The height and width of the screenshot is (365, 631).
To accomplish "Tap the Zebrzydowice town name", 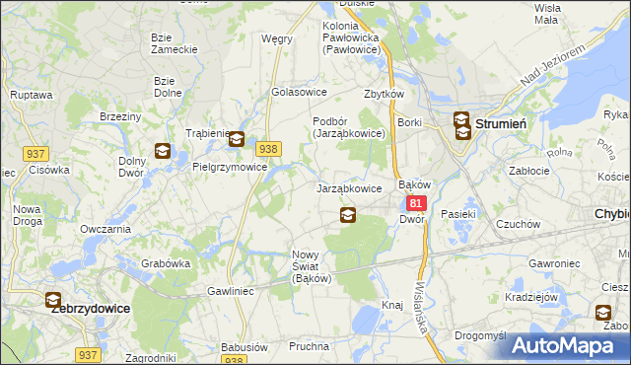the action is pyautogui.click(x=90, y=308).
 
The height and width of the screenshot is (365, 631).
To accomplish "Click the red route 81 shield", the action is pyautogui.click(x=416, y=203).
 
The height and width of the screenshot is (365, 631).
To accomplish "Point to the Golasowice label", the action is pyautogui.click(x=300, y=92).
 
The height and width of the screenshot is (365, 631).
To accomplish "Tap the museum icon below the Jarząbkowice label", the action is pyautogui.click(x=347, y=214).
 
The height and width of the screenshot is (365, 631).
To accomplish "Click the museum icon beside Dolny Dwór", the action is pyautogui.click(x=163, y=152).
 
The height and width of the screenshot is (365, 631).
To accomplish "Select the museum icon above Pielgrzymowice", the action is pyautogui.click(x=237, y=140).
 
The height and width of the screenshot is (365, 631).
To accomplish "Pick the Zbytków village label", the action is pyautogui.click(x=386, y=95).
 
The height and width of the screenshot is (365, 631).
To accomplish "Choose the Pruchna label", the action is pyautogui.click(x=309, y=347).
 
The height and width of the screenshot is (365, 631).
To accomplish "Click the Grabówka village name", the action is pyautogui.click(x=166, y=263).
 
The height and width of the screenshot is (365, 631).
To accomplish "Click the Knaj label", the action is pyautogui.click(x=392, y=306).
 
